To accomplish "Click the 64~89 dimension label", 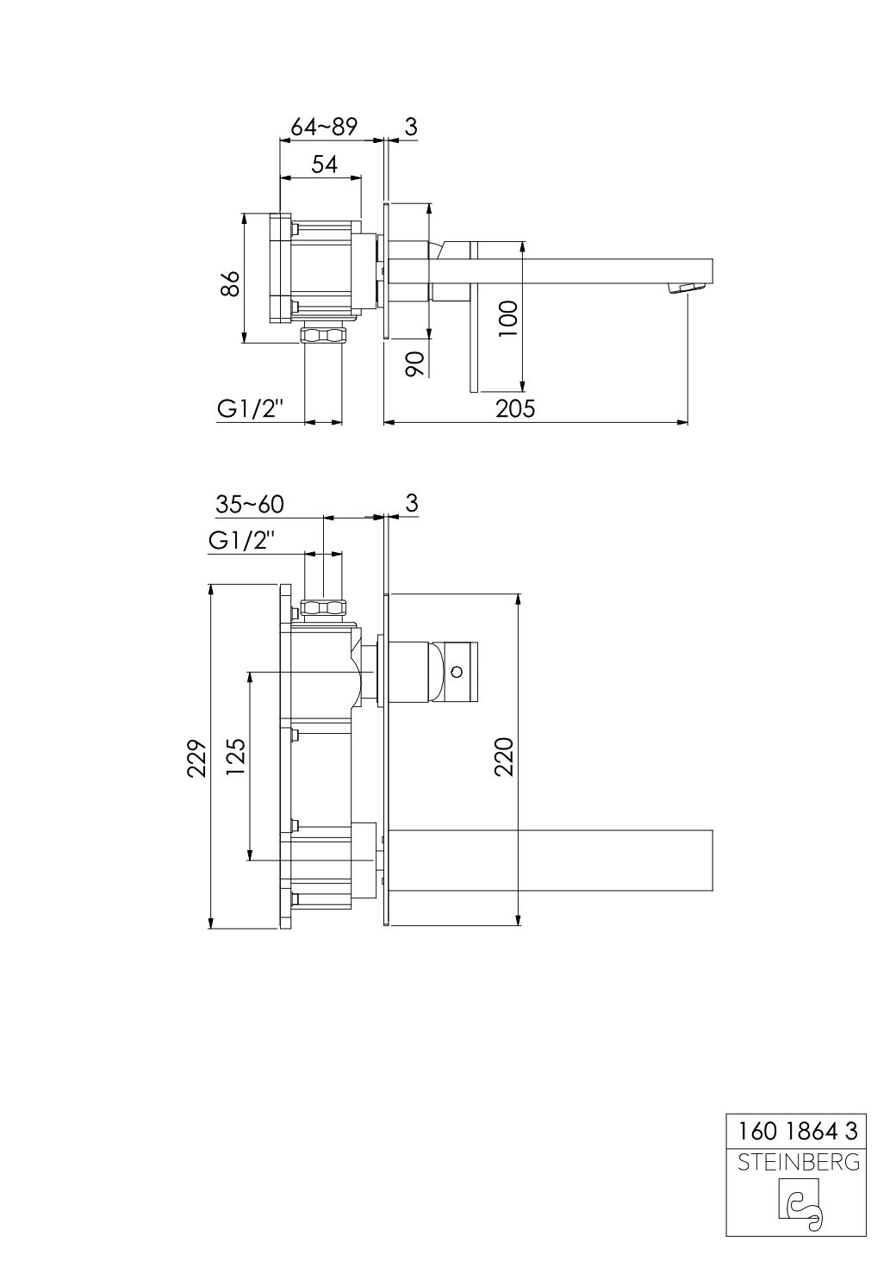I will pyautogui.click(x=323, y=127).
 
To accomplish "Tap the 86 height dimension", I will pyautogui.click(x=229, y=283).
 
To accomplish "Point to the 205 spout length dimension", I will pyautogui.click(x=515, y=408).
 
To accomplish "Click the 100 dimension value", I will pyautogui.click(x=508, y=318).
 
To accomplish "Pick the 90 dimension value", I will pyautogui.click(x=414, y=364).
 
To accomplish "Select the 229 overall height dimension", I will pyautogui.click(x=197, y=757).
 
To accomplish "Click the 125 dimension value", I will pyautogui.click(x=236, y=757).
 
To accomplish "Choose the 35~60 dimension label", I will pyautogui.click(x=251, y=503).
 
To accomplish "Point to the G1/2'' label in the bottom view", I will pyautogui.click(x=242, y=541).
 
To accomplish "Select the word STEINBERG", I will pyautogui.click(x=797, y=1162).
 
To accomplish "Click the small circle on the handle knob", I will pyautogui.click(x=457, y=670).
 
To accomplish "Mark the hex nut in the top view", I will pyautogui.click(x=324, y=334).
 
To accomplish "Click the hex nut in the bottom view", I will pyautogui.click(x=324, y=608).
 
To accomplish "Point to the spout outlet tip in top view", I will pyautogui.click(x=688, y=288).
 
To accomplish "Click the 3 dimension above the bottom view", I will pyautogui.click(x=411, y=503).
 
